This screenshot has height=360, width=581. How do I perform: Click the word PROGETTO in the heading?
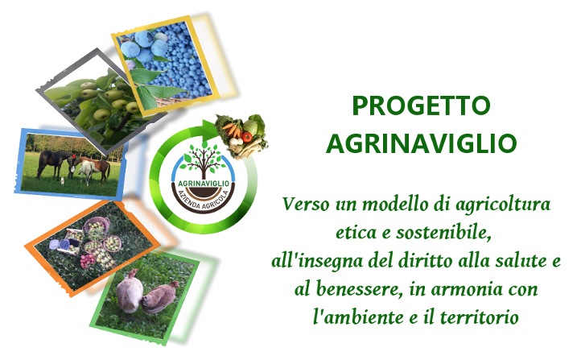421,106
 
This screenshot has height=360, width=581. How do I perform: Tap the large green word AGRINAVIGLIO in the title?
422,143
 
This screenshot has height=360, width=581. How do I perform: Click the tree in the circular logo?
204,160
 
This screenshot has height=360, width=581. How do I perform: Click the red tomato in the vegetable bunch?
247,137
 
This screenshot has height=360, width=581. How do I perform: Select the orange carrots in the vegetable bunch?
232,130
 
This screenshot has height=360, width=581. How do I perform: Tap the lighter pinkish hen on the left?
130,290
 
